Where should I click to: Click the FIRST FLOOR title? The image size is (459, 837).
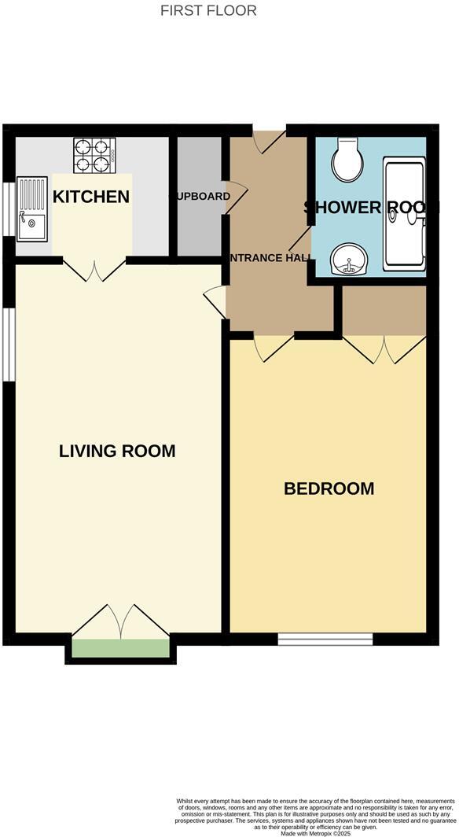click(208, 10)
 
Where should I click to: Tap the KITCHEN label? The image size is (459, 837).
click(90, 197)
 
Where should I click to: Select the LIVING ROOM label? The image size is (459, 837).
click(117, 451)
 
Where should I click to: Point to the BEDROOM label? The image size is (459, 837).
click(329, 489)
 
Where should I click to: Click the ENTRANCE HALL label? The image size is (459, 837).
click(270, 257)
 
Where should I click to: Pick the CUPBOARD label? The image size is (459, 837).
click(203, 196)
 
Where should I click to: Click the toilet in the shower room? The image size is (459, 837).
click(346, 160)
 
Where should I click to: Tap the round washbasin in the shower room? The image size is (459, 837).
click(347, 259)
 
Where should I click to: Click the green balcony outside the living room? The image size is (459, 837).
click(120, 648)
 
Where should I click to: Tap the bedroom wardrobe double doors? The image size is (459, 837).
click(384, 349)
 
